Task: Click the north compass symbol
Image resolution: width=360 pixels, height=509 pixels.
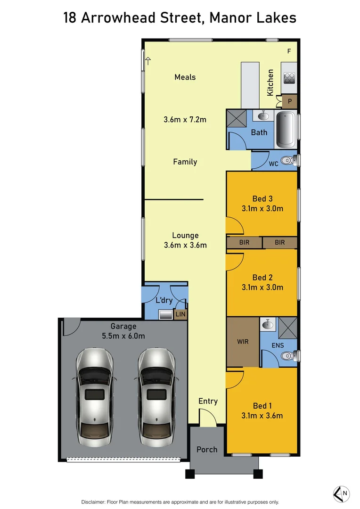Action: click(342, 493)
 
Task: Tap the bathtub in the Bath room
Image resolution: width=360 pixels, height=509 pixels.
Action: click(286, 130)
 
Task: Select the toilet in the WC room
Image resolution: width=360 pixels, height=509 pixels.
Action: click(287, 161)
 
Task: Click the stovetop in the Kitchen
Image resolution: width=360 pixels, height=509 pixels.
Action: click(289, 78)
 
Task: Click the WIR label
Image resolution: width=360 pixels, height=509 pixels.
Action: click(242, 341)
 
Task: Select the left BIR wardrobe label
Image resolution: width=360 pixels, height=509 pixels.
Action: click(244, 243)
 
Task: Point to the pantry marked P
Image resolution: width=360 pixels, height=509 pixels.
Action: click(289, 101)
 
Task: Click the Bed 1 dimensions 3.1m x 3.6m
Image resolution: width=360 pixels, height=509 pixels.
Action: click(262, 416)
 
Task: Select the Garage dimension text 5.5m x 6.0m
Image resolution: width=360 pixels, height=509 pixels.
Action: click(123, 336)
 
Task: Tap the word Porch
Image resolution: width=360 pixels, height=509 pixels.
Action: click(207, 450)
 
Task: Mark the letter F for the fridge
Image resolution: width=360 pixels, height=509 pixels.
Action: click(289, 51)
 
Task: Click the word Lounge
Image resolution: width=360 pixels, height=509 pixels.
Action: click(185, 235)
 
